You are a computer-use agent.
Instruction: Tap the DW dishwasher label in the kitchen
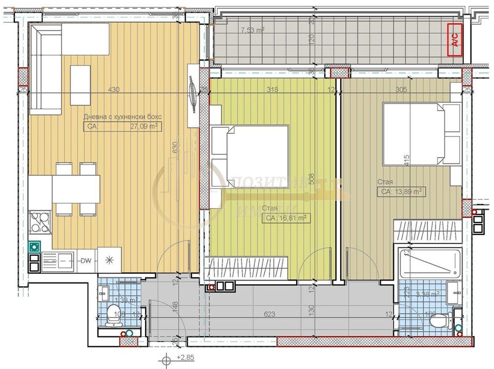(x=85, y=259)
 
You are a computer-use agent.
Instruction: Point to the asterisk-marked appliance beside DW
(x=110, y=259)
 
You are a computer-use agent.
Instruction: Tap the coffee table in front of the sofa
(x=80, y=85)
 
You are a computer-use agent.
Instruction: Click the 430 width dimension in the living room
(x=113, y=90)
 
